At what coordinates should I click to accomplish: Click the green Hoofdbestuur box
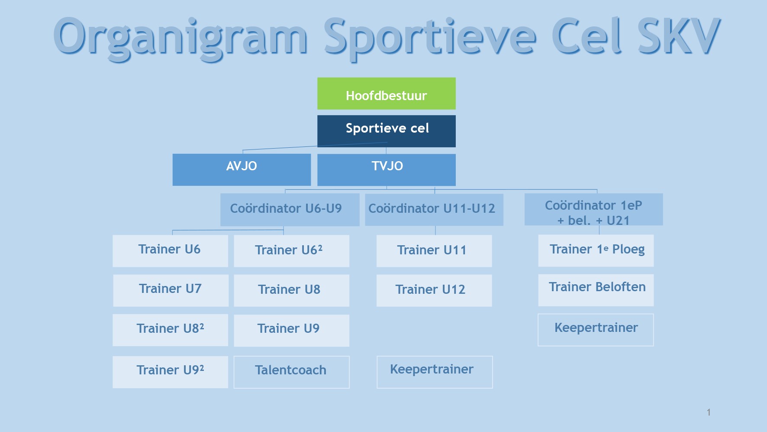pos(386,94)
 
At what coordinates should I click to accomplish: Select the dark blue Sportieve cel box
pos(386,131)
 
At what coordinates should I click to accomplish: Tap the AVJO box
pos(242,170)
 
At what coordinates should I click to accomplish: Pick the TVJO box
pos(386,170)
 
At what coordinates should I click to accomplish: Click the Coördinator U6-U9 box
pos(290,210)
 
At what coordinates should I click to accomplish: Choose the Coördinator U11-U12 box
pos(434,210)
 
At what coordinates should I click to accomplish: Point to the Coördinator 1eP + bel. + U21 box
pos(593,209)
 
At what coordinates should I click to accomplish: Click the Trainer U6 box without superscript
pos(170,251)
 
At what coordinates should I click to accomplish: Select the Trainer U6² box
pos(291,251)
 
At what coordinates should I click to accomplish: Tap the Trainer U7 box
pos(171,290)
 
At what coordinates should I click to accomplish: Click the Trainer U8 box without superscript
pos(291,290)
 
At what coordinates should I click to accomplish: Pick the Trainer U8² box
pos(170,330)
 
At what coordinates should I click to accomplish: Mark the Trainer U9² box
pos(170,372)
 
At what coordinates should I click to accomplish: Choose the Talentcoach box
pos(291,372)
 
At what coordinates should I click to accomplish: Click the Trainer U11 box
pos(434,251)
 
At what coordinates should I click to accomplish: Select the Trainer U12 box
pos(434,290)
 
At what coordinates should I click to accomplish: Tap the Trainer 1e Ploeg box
pos(596,250)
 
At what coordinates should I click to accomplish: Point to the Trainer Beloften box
pos(596,290)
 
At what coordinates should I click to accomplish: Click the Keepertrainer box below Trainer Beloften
pos(596,330)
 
